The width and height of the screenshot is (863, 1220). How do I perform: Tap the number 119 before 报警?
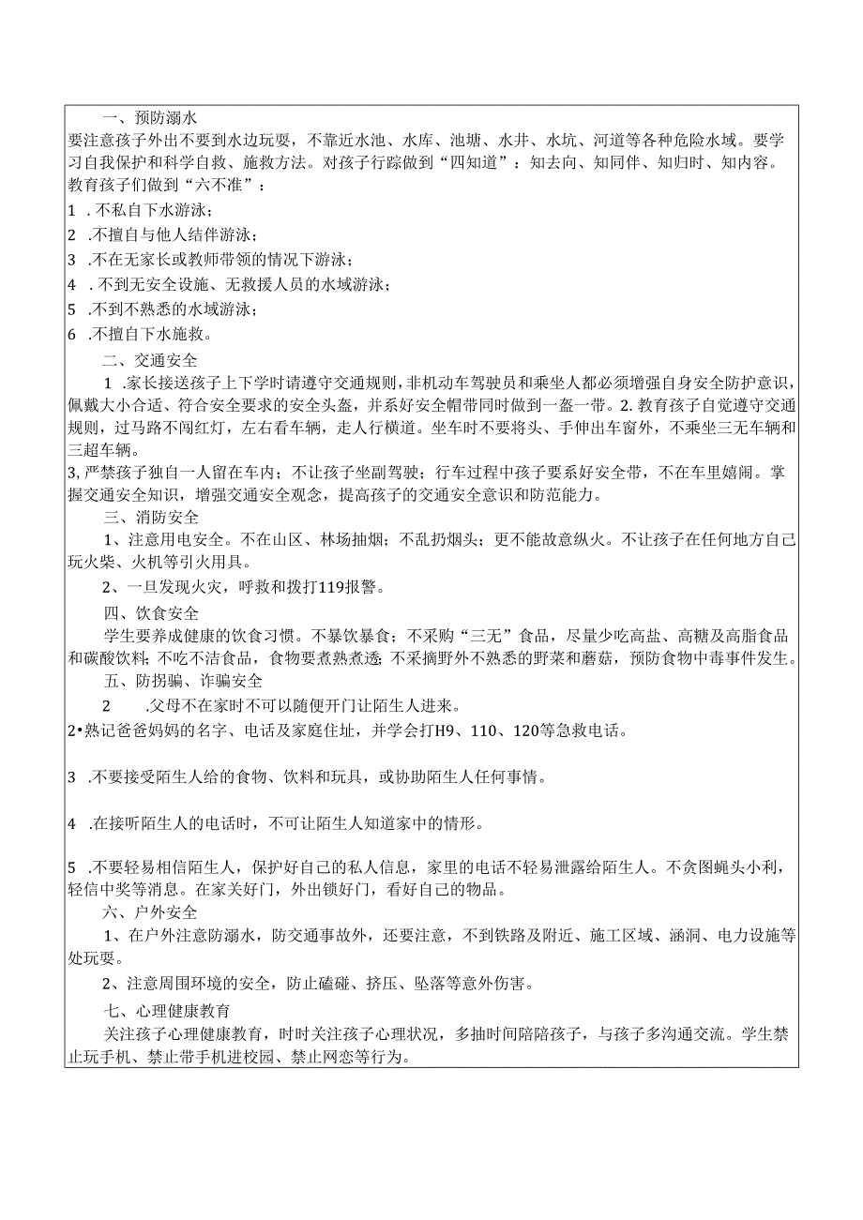click(307, 588)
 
